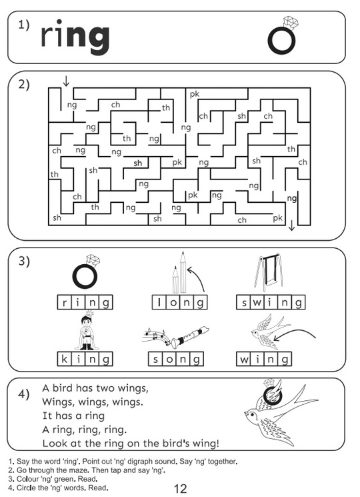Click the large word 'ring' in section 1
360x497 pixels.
(x=75, y=37)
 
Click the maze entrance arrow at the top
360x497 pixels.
(x=66, y=81)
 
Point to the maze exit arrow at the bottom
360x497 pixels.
(x=291, y=225)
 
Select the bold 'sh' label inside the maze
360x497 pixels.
(x=138, y=163)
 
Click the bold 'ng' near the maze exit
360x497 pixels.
(x=292, y=198)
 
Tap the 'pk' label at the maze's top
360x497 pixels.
(x=195, y=94)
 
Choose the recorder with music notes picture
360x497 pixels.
(x=175, y=337)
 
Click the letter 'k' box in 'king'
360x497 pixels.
(x=64, y=359)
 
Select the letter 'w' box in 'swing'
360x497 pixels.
(x=257, y=302)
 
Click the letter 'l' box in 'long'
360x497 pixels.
(x=159, y=302)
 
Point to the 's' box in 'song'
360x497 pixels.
(x=155, y=359)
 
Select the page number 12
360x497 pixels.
(x=181, y=488)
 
